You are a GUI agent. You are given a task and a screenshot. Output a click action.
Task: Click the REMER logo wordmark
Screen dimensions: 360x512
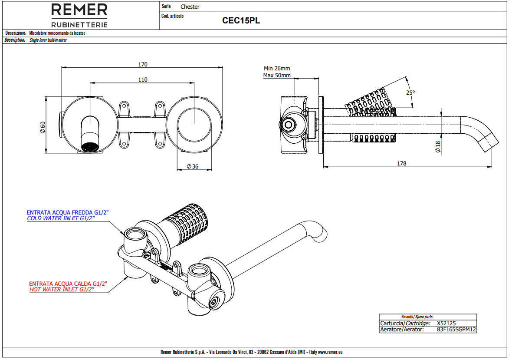79,10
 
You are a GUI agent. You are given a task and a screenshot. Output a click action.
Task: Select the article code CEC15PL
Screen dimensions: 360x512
241,20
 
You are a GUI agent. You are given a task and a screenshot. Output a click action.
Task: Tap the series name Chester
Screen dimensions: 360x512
190,7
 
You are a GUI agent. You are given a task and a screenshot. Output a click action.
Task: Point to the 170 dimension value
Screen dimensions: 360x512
143,64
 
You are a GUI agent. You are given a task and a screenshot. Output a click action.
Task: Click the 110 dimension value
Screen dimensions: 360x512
143,79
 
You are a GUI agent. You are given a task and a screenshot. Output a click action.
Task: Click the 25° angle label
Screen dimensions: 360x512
410,92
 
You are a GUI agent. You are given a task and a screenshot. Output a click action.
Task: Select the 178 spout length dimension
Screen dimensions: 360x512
401,164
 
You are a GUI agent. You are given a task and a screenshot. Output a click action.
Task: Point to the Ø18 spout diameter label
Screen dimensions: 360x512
437,146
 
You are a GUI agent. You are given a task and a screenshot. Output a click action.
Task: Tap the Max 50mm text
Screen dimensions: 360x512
277,75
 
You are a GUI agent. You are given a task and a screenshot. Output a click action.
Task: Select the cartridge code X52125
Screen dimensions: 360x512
446,323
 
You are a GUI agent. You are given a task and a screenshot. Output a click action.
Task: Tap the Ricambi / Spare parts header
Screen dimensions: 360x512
417,317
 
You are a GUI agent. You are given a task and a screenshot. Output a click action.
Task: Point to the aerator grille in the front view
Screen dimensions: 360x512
90,147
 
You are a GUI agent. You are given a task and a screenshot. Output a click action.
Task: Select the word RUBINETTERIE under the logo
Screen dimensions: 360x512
79,25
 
